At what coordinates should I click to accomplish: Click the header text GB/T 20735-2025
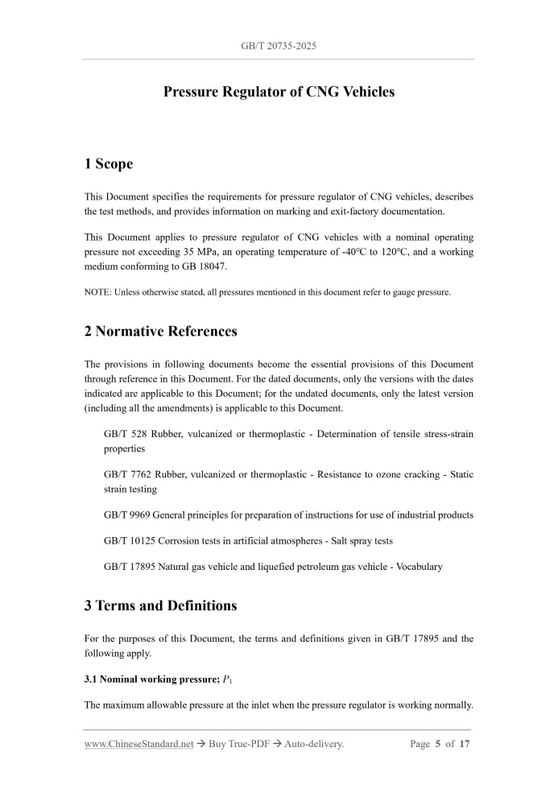coord(279,46)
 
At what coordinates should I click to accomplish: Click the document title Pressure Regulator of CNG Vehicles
coord(279,92)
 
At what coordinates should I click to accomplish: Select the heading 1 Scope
coord(109,164)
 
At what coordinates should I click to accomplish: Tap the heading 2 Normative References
coord(160,331)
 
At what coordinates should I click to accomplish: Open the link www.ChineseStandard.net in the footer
coord(138,744)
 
